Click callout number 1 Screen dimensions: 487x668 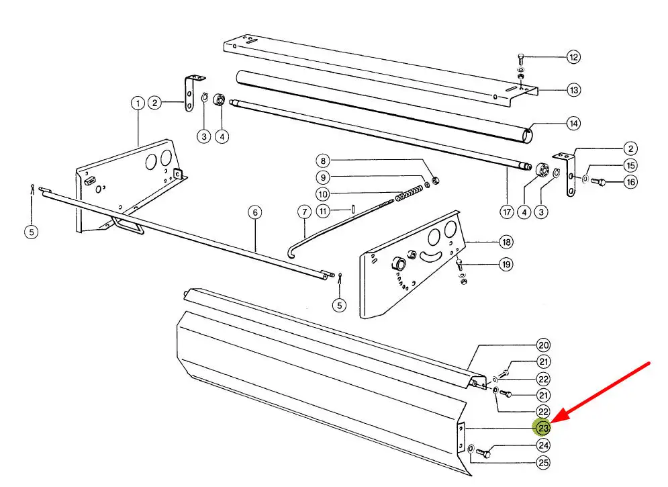[x=137, y=103]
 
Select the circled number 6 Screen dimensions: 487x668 [x=254, y=213]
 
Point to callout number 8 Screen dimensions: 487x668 [x=323, y=161]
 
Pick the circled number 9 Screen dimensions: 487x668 [x=323, y=178]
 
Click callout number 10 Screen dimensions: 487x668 [x=323, y=195]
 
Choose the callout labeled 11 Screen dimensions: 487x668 [x=323, y=212]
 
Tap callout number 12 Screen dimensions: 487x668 [x=573, y=57]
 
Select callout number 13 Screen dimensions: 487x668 [x=573, y=90]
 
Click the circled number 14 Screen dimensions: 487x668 [x=573, y=124]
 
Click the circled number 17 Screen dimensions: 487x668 [x=508, y=212]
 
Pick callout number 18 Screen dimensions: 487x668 [x=505, y=242]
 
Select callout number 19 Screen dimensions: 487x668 [x=505, y=265]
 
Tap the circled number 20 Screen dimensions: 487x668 [x=543, y=346]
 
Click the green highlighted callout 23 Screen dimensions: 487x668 [x=542, y=427]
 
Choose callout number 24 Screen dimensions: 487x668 [x=543, y=445]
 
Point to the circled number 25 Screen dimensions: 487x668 [x=543, y=462]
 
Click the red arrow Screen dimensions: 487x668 [x=604, y=394]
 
